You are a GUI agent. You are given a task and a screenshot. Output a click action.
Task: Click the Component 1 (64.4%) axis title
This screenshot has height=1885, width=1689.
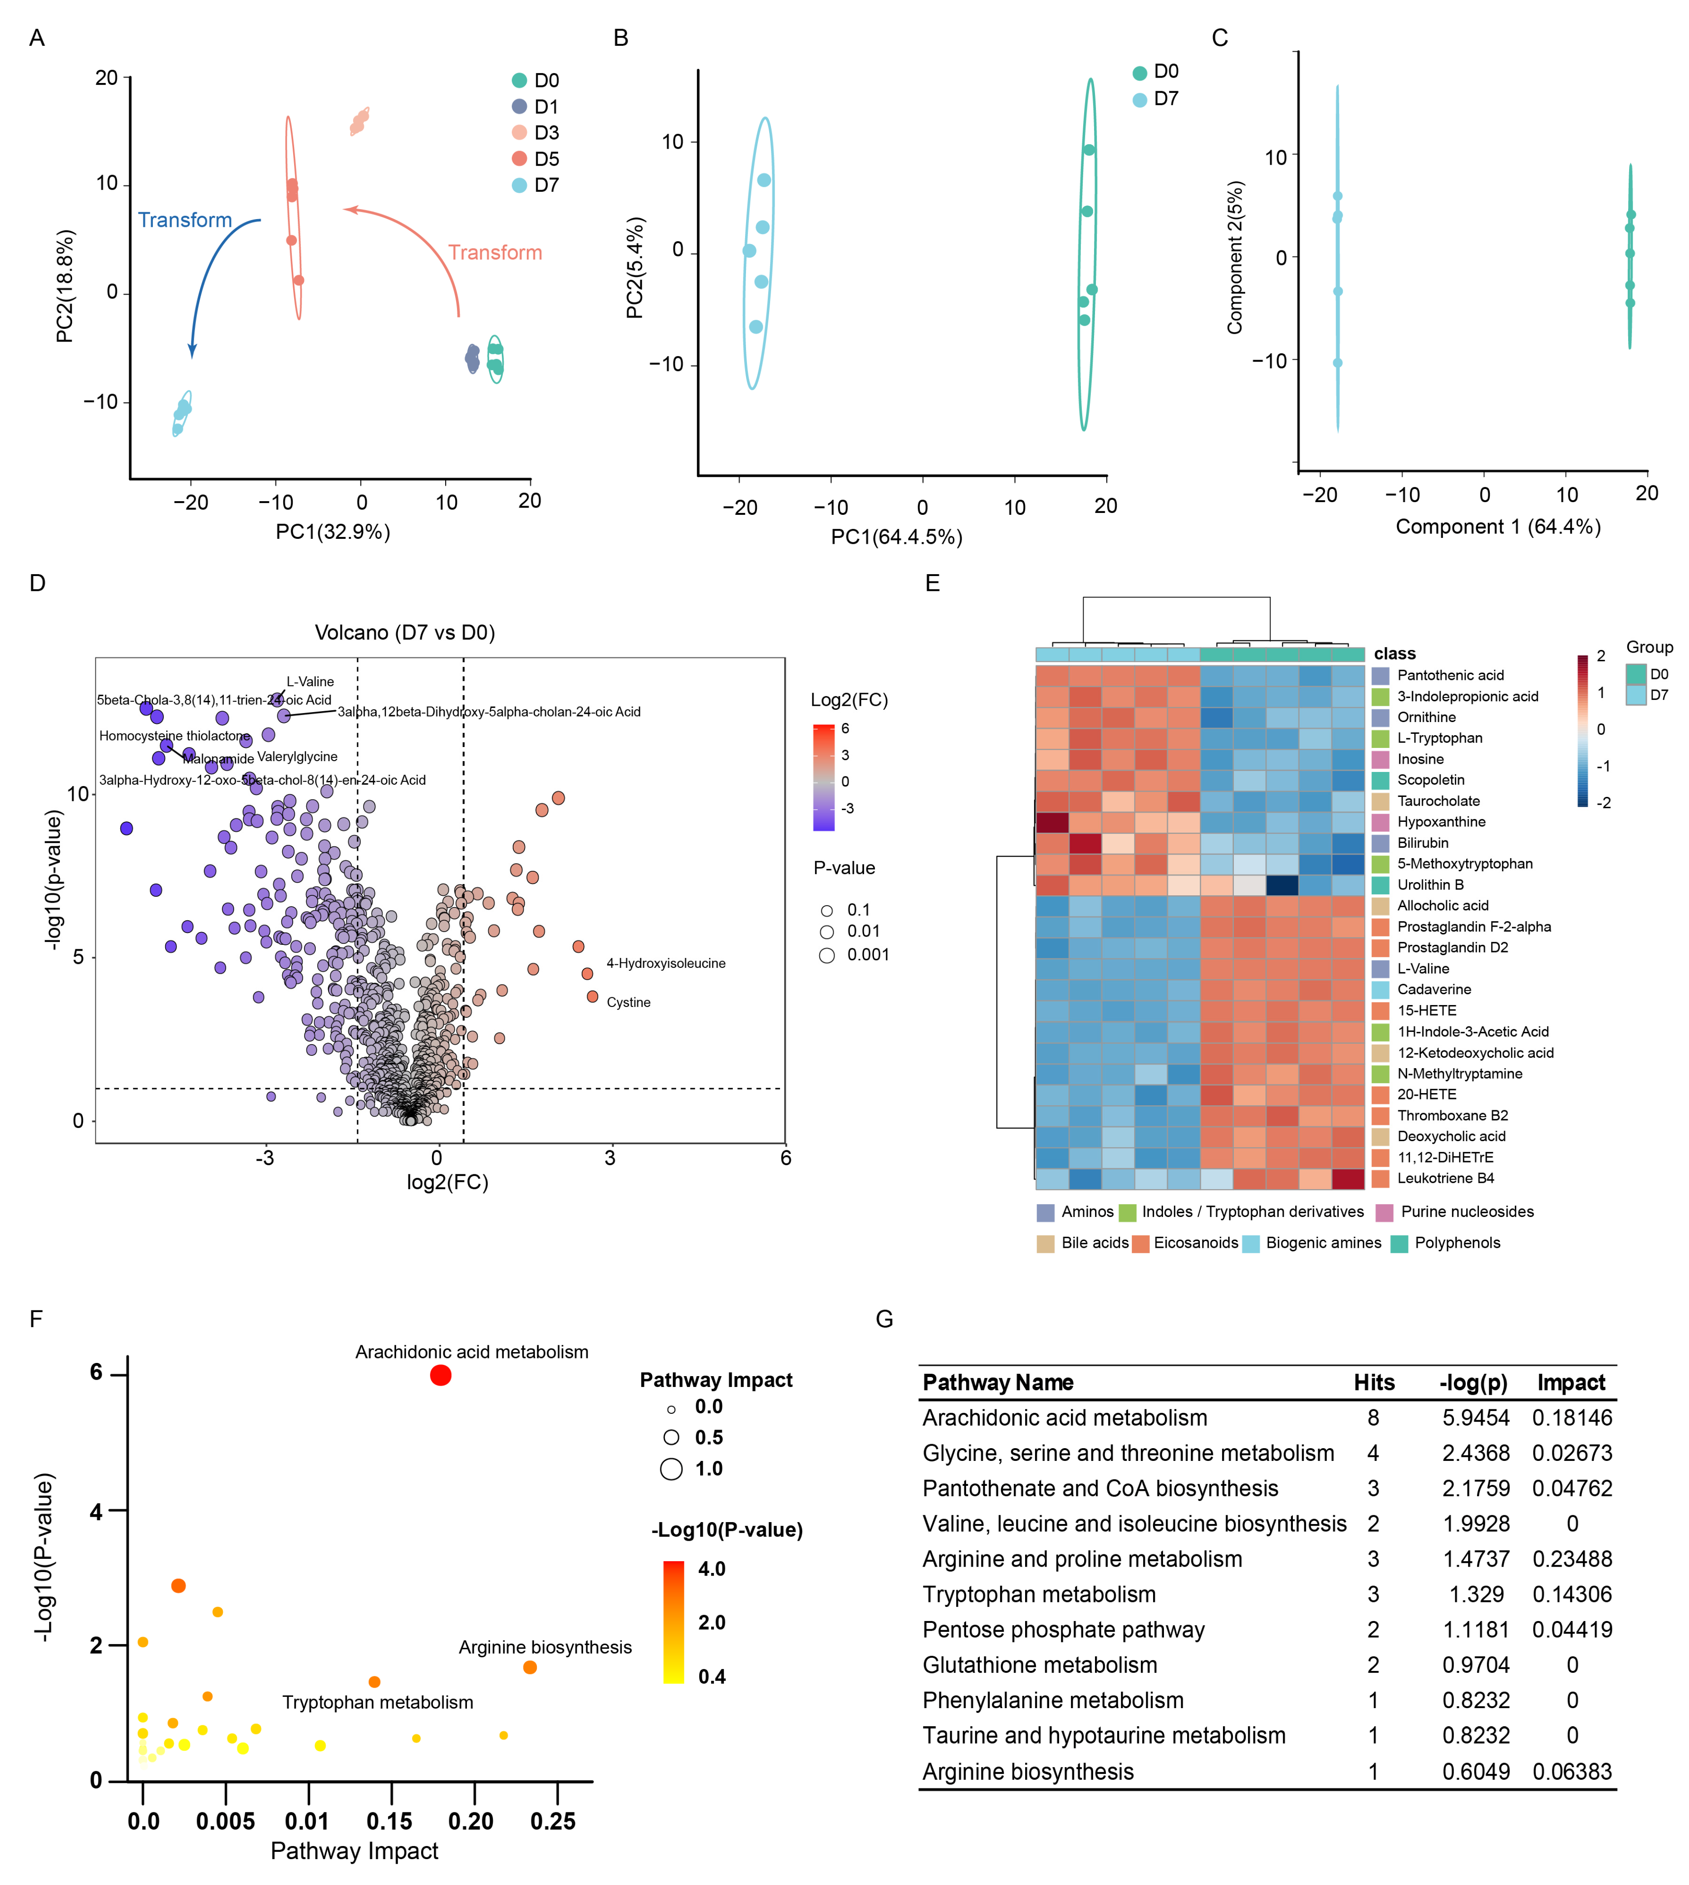coord(1498,527)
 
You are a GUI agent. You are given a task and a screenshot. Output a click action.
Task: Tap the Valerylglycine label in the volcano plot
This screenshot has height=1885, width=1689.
coord(297,757)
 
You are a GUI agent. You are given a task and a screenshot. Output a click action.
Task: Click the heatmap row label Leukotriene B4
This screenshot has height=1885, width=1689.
coord(1446,1178)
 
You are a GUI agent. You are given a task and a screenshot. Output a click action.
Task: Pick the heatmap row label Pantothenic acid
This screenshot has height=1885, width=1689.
coord(1450,675)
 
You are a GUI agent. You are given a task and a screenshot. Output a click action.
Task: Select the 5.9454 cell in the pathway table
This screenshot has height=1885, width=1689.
coord(1476,1418)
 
